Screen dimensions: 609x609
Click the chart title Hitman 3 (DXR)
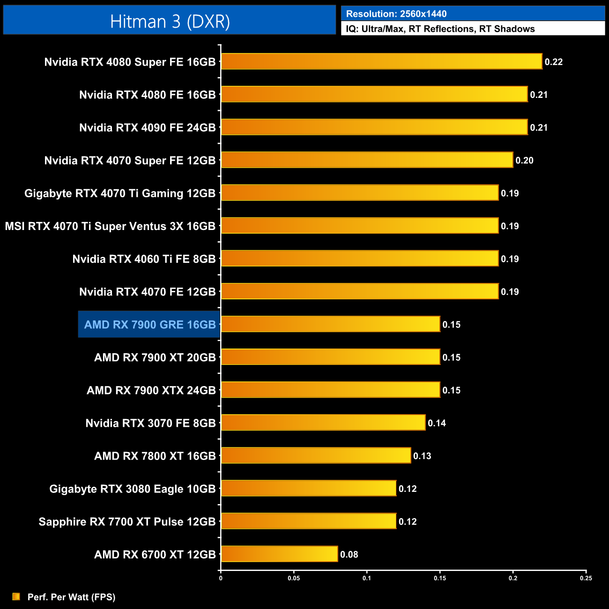pos(170,22)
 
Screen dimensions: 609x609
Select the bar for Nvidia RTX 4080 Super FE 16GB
pos(381,61)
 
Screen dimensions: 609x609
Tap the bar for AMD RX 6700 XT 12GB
pos(279,554)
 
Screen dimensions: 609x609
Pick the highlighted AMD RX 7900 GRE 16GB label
pos(149,325)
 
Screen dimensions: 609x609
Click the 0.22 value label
pos(553,62)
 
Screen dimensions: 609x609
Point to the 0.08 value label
pos(349,555)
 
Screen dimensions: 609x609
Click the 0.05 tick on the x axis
pos(294,578)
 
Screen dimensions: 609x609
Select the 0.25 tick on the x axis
pos(586,578)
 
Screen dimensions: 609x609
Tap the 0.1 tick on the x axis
pos(366,578)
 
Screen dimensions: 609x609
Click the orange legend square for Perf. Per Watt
pos(16,596)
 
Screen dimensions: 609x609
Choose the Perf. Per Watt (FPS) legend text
pos(71,597)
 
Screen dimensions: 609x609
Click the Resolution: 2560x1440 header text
pos(396,14)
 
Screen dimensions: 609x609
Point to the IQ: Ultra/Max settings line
pos(440,29)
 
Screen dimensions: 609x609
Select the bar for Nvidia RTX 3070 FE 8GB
pos(323,423)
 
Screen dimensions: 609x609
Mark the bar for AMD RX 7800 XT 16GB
pos(316,455)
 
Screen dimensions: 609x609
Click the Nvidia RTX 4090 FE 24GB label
pos(147,128)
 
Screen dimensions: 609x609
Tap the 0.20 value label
pos(524,161)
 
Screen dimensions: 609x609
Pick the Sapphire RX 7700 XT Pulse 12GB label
pos(127,522)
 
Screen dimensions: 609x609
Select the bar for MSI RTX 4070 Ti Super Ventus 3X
pos(360,226)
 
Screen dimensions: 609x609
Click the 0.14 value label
pos(437,423)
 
